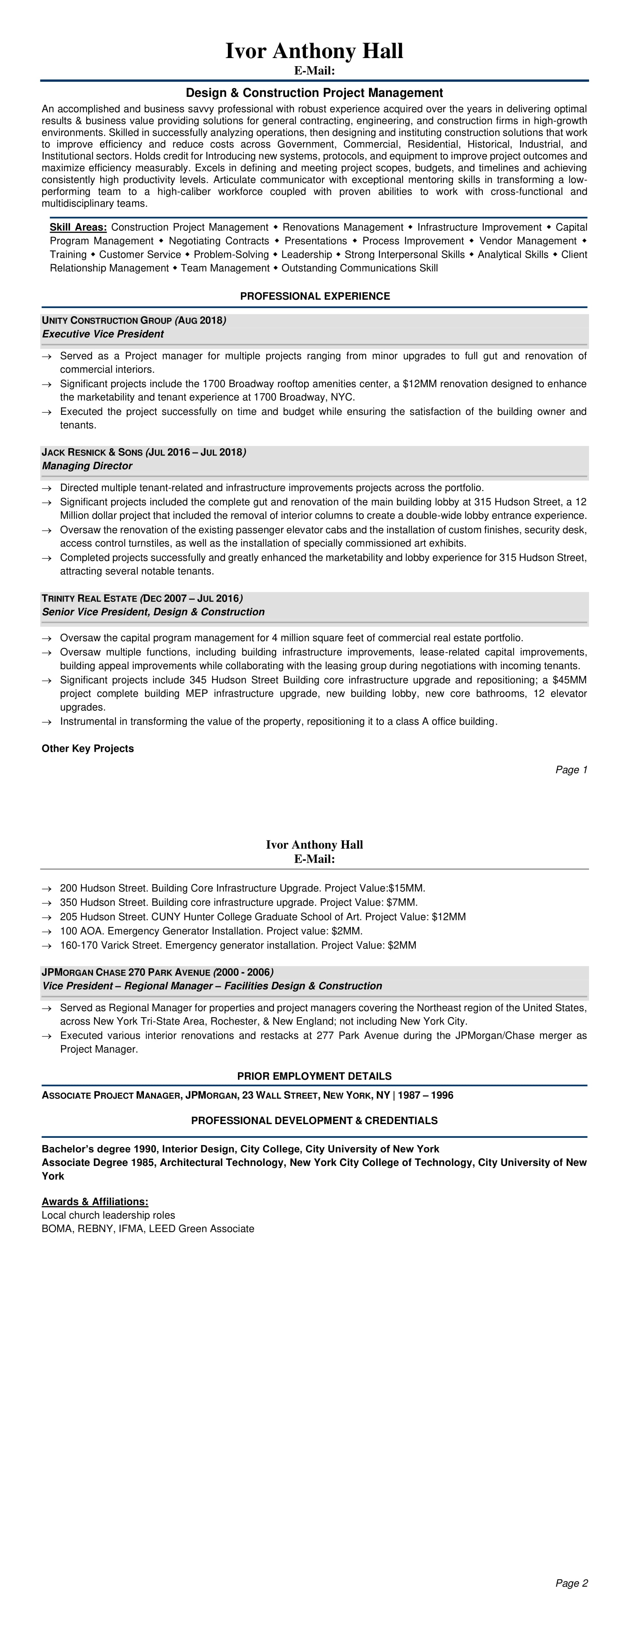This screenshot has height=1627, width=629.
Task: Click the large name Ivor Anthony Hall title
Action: point(314,51)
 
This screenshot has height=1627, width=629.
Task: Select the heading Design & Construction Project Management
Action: point(314,93)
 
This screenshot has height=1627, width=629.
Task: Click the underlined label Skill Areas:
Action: point(78,227)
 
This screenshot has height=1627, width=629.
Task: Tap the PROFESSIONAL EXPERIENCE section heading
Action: point(315,296)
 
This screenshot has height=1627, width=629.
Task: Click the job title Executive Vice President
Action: point(103,334)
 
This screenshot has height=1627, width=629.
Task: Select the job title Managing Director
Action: point(87,466)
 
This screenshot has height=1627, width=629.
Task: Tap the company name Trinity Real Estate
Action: point(89,598)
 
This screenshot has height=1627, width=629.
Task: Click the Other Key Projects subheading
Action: point(88,748)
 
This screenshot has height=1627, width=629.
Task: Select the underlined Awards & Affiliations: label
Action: point(95,1201)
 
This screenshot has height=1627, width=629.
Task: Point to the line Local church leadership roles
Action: point(108,1215)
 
